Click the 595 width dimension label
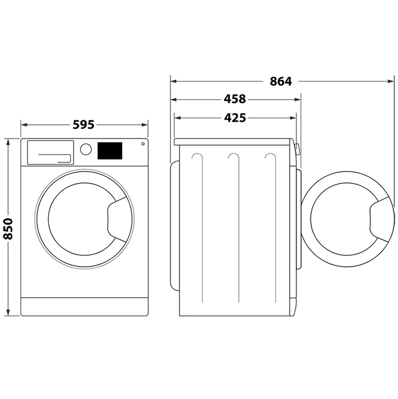(84, 125)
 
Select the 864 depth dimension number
(281, 82)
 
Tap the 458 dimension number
(234, 99)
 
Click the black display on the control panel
(110, 150)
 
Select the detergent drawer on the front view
(50, 152)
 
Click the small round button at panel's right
(143, 144)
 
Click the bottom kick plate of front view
(85, 306)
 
